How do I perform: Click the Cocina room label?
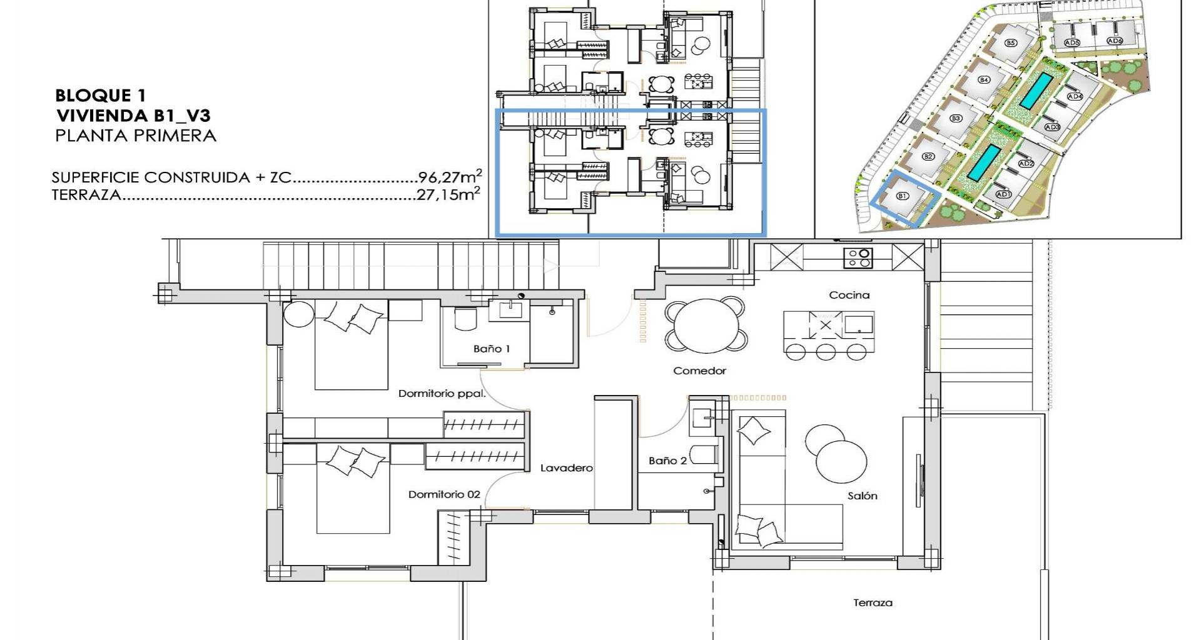click(849, 295)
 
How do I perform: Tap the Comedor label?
click(699, 371)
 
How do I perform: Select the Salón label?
click(862, 496)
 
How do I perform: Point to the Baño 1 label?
click(491, 349)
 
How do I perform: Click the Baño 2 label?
click(667, 461)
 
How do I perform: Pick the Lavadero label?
click(566, 468)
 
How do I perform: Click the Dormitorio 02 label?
click(444, 494)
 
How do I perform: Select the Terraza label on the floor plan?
click(873, 603)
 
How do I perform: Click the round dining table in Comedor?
click(706, 324)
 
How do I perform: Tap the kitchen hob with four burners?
click(857, 257)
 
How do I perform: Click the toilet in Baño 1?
click(465, 319)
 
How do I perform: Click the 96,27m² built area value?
click(449, 176)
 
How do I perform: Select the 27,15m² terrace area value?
click(448, 194)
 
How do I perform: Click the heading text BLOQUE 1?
click(100, 96)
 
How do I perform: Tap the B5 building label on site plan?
click(1010, 43)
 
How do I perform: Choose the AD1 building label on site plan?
click(1003, 194)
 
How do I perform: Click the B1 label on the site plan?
click(902, 196)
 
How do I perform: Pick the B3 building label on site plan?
click(956, 118)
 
